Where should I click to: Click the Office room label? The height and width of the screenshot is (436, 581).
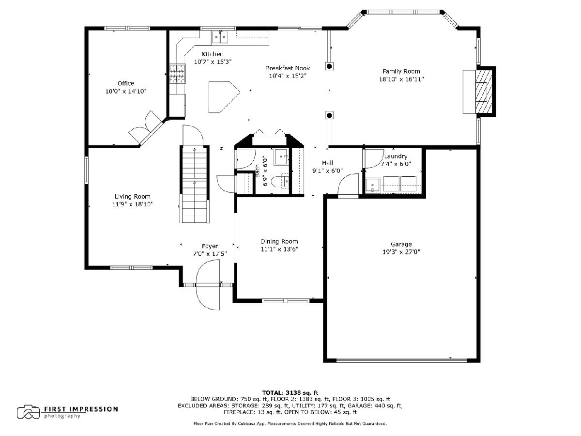126,83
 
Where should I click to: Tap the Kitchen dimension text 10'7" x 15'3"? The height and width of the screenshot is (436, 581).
213,62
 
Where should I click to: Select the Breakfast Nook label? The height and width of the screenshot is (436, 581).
288,68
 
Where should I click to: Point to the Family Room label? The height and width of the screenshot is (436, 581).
401,71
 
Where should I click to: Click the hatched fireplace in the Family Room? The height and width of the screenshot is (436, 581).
484,91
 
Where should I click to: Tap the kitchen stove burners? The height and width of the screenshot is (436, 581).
177,73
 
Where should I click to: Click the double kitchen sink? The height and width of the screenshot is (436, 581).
220,37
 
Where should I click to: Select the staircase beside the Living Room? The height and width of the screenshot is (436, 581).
195,184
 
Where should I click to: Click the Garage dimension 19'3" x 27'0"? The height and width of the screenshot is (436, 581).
401,252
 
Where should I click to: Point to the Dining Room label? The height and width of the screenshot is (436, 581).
279,241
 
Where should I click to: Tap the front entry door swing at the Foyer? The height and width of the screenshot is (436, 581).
208,284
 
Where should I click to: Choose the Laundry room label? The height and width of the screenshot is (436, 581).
396,156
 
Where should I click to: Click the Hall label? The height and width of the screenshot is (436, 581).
327,163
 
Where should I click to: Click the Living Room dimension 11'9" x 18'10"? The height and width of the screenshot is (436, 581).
133,204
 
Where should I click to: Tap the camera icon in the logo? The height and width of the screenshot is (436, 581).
28,412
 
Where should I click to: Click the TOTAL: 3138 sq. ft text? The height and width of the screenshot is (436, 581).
290,392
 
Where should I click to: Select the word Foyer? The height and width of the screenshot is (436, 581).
210,247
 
